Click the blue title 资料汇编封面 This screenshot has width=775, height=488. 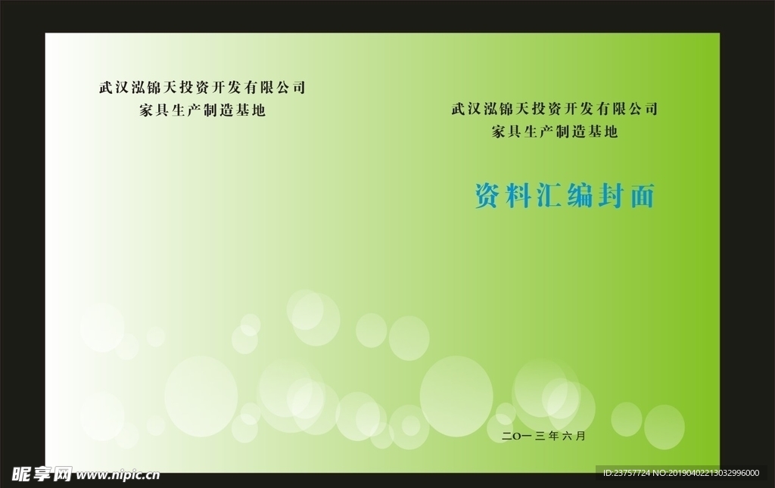[565, 196]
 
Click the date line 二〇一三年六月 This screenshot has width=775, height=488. [543, 436]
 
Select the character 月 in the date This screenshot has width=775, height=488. [580, 436]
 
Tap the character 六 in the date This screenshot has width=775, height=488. [567, 436]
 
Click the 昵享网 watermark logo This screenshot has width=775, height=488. [42, 474]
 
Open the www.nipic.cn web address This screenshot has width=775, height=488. [118, 475]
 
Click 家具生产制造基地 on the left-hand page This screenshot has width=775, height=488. [203, 110]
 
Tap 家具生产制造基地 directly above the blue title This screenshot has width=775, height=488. [555, 132]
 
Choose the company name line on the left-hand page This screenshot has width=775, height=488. [202, 88]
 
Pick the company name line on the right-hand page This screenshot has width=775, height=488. [554, 108]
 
